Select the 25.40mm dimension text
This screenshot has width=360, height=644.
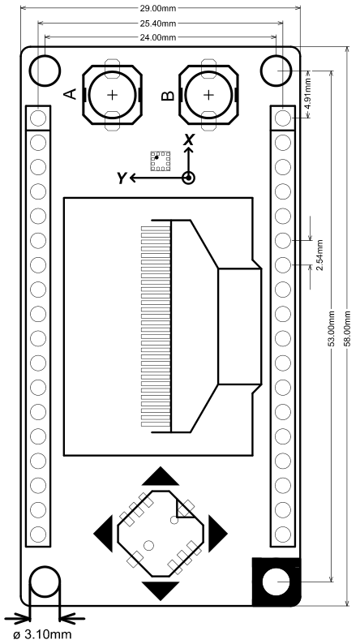click(160, 24)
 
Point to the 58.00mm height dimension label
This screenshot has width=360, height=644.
click(347, 328)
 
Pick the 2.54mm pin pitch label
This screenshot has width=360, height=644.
click(320, 255)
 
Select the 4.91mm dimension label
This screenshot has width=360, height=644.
click(308, 93)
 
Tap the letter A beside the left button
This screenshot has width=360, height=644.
click(71, 94)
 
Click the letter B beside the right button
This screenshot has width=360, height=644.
click(168, 96)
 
